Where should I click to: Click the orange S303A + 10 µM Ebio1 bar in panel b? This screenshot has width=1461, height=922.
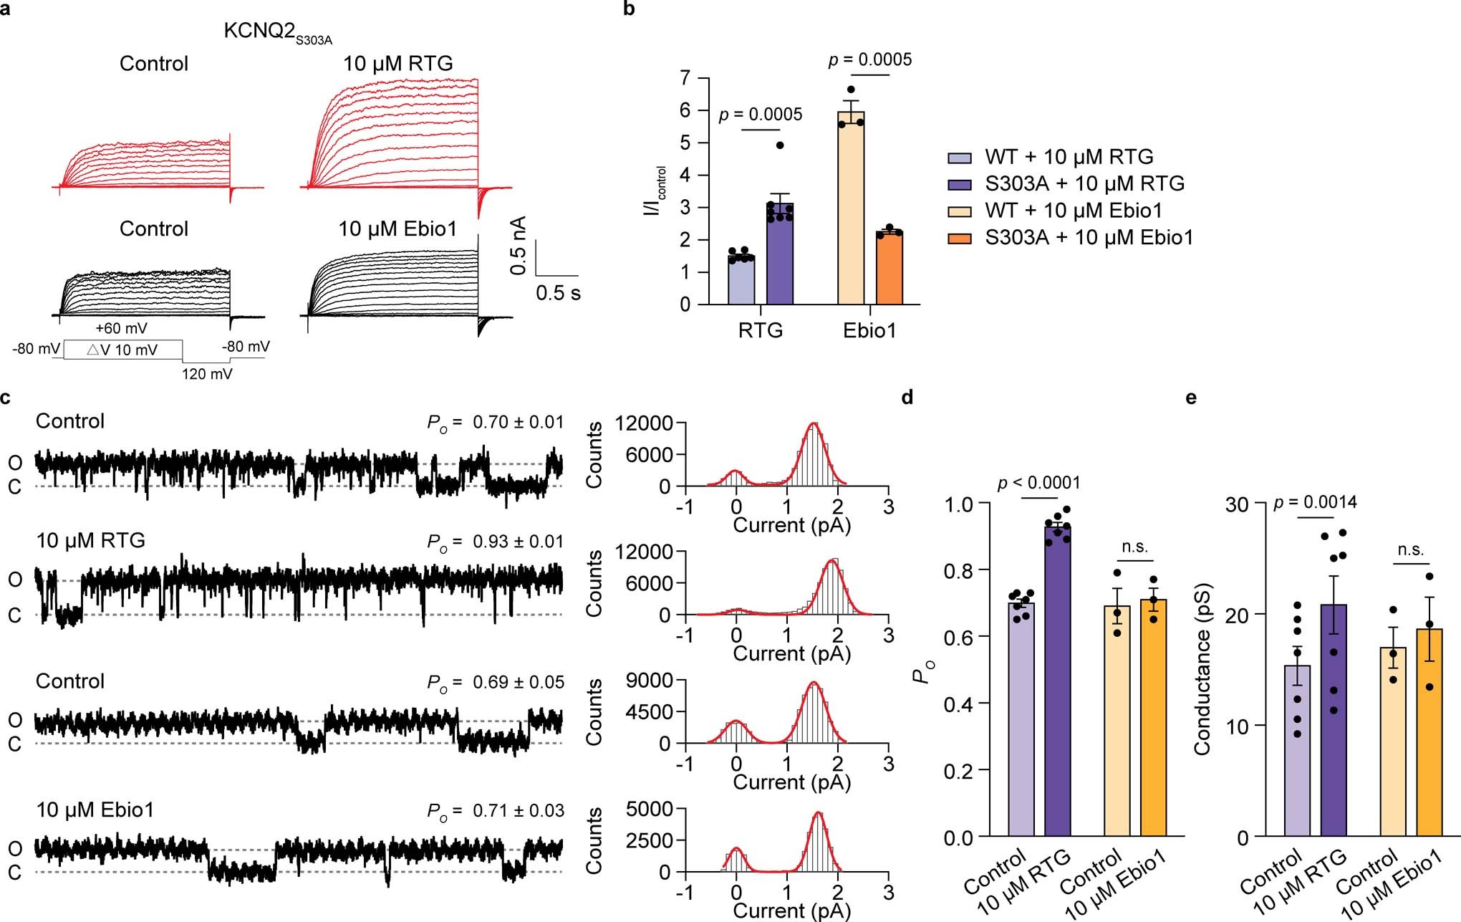889,269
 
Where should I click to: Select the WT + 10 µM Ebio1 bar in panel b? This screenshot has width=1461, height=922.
851,208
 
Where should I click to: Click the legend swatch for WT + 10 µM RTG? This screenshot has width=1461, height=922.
959,158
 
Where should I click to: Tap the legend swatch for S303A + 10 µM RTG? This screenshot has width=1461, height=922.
959,184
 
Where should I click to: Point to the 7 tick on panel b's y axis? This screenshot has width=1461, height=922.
685,77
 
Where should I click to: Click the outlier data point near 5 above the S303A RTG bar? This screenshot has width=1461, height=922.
780,145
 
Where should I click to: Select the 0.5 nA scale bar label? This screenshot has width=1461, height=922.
519,246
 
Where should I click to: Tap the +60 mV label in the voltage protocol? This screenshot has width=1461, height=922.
121,329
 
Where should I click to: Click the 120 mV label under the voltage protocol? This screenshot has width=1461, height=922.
207,373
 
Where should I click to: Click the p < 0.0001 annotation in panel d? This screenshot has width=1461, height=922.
1038,484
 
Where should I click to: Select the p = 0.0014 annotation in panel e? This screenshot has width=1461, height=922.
1315,503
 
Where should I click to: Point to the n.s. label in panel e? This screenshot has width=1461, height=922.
1410,550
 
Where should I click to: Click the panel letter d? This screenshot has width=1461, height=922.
907,397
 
